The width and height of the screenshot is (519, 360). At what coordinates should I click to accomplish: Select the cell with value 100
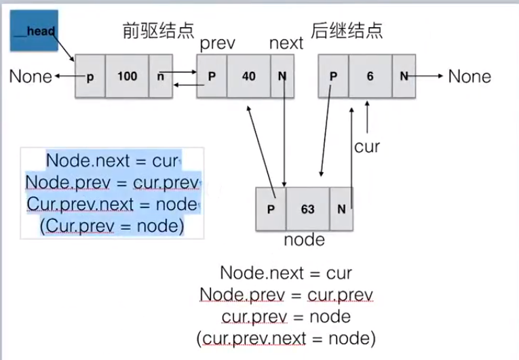(127, 77)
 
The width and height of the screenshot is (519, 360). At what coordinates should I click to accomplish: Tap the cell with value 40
(248, 77)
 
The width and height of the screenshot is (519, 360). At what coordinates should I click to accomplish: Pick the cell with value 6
(370, 77)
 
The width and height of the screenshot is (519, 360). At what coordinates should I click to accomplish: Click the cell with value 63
(307, 209)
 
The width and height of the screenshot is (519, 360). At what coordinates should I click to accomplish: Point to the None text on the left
(31, 77)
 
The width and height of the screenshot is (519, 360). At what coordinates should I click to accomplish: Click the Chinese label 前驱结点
(157, 31)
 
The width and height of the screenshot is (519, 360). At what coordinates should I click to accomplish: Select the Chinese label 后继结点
(346, 31)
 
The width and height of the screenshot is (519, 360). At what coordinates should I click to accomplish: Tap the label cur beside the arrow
(367, 146)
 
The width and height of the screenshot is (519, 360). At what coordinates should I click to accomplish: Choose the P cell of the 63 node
(271, 209)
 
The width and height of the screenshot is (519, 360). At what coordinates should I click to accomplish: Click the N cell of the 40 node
(282, 77)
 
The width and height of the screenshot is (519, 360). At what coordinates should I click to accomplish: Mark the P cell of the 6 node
(333, 77)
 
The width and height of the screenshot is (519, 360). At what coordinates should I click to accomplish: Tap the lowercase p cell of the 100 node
(90, 77)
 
